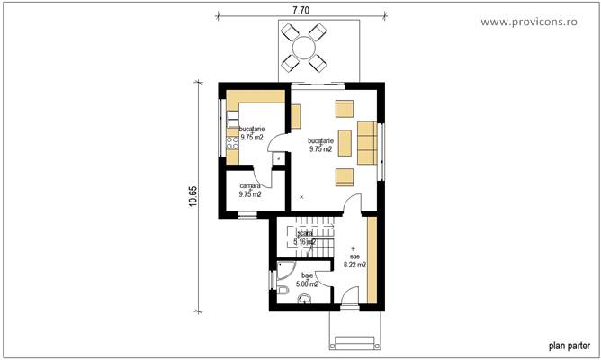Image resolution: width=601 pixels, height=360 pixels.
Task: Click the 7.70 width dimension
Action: [301, 9]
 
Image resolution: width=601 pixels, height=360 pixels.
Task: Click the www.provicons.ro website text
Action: [540, 20]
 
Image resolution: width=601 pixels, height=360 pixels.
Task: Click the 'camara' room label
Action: [249, 185]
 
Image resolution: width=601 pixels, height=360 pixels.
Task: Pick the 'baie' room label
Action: [307, 275]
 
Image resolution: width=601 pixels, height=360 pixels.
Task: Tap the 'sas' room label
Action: [354, 256]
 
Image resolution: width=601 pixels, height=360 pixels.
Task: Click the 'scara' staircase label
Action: [305, 233]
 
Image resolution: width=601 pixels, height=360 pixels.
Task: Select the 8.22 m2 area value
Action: [354, 265]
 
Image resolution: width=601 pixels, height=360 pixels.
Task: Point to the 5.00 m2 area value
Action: [307, 283]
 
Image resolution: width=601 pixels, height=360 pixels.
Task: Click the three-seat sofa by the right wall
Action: [366, 141]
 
